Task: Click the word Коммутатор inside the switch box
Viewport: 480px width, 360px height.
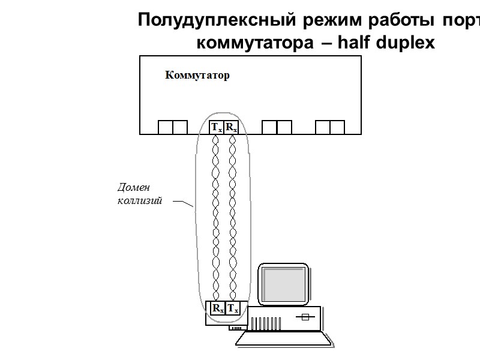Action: pyautogui.click(x=197, y=76)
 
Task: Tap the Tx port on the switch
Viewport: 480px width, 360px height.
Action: pyautogui.click(x=216, y=127)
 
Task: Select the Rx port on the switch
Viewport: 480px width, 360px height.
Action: pyautogui.click(x=232, y=127)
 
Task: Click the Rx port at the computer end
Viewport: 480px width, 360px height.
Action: pyautogui.click(x=217, y=308)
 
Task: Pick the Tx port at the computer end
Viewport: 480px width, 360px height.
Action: pyautogui.click(x=232, y=308)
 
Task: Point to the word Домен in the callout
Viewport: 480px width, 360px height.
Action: pyautogui.click(x=132, y=188)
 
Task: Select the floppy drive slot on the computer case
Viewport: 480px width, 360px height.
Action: pyautogui.click(x=306, y=317)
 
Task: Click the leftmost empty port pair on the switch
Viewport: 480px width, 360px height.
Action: pyautogui.click(x=173, y=127)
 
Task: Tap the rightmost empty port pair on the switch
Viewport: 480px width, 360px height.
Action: pyautogui.click(x=330, y=127)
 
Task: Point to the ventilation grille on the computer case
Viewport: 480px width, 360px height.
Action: pyautogui.click(x=264, y=323)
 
